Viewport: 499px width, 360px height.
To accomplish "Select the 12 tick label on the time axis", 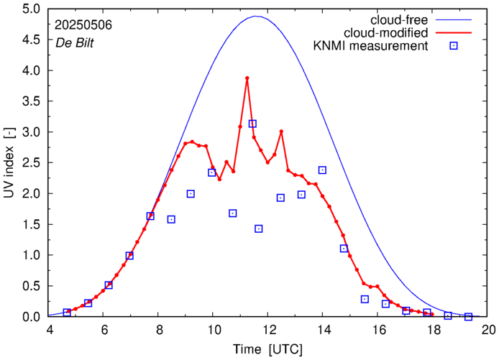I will [268, 331].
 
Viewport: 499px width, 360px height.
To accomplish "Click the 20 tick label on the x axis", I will [488, 331].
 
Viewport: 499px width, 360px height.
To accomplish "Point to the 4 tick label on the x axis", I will [50, 331].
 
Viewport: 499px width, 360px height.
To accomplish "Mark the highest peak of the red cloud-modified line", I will [247, 78].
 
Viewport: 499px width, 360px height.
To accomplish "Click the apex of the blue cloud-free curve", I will [256, 16].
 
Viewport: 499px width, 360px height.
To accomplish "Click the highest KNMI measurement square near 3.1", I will [252, 124].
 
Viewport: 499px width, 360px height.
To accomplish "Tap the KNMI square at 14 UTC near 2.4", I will [322, 170].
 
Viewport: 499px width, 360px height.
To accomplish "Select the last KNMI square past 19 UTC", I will [468, 317].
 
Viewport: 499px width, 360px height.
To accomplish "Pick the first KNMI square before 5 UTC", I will [67, 313].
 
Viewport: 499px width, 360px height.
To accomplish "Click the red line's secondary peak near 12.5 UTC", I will [281, 131].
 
